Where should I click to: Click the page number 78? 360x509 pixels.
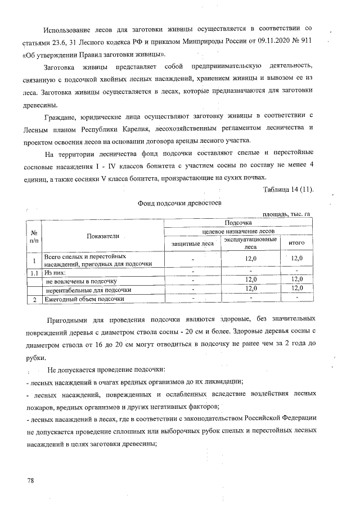(x=31, y=481)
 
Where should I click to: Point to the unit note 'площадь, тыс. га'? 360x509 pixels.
(x=286, y=214)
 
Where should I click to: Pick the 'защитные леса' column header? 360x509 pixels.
(x=192, y=243)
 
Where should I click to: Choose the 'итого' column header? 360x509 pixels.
(x=296, y=243)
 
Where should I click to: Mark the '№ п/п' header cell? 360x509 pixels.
(x=34, y=236)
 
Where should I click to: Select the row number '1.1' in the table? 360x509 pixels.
(x=34, y=272)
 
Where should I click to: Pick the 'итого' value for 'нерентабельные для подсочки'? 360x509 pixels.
(x=296, y=289)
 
